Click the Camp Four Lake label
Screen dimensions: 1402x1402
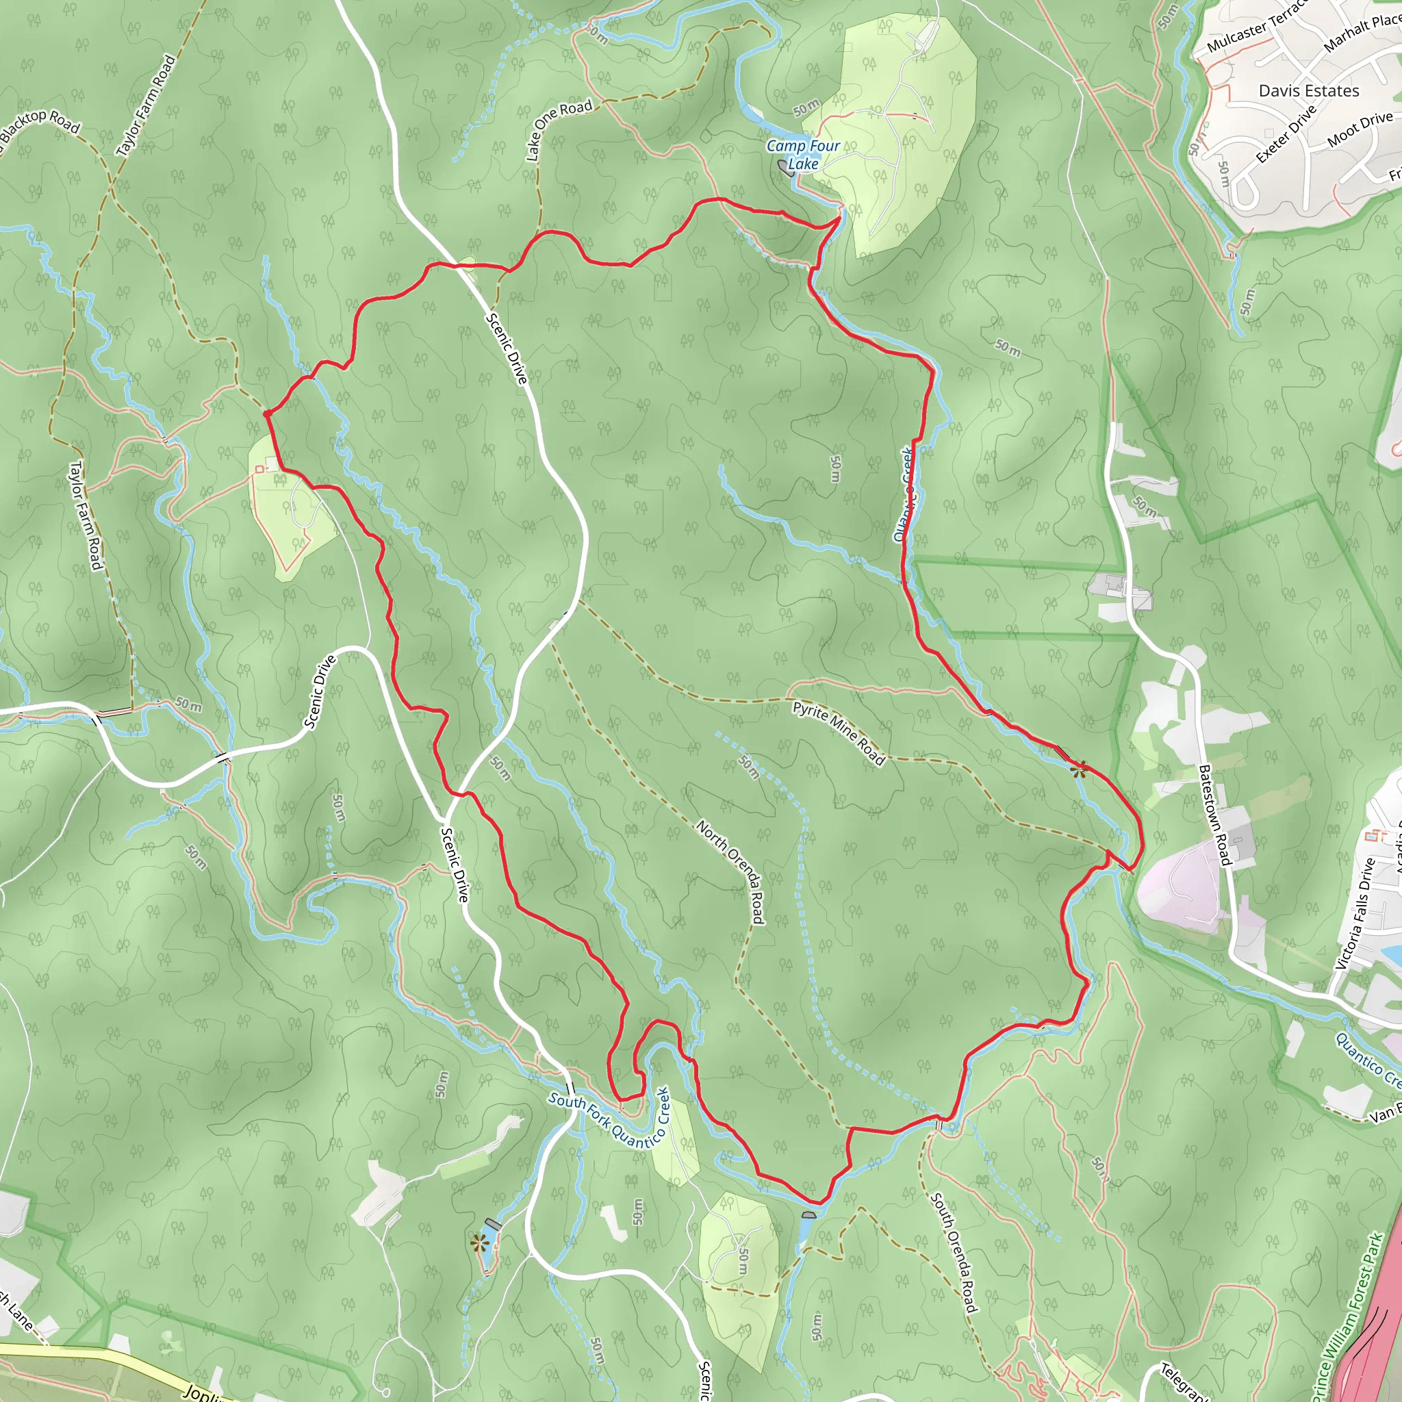pos(802,155)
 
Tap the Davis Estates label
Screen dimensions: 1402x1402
pos(1308,91)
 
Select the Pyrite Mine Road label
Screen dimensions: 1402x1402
pos(838,733)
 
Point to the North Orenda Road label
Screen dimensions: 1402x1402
pos(730,871)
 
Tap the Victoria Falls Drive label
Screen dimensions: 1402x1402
pos(1355,914)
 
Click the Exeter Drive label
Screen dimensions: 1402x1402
pos(1286,134)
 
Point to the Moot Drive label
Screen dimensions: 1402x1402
pos(1359,129)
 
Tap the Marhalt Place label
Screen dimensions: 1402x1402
pos(1362,34)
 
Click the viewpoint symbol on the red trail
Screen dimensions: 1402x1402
pos(1079,769)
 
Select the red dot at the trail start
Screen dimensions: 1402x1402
pos(268,413)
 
